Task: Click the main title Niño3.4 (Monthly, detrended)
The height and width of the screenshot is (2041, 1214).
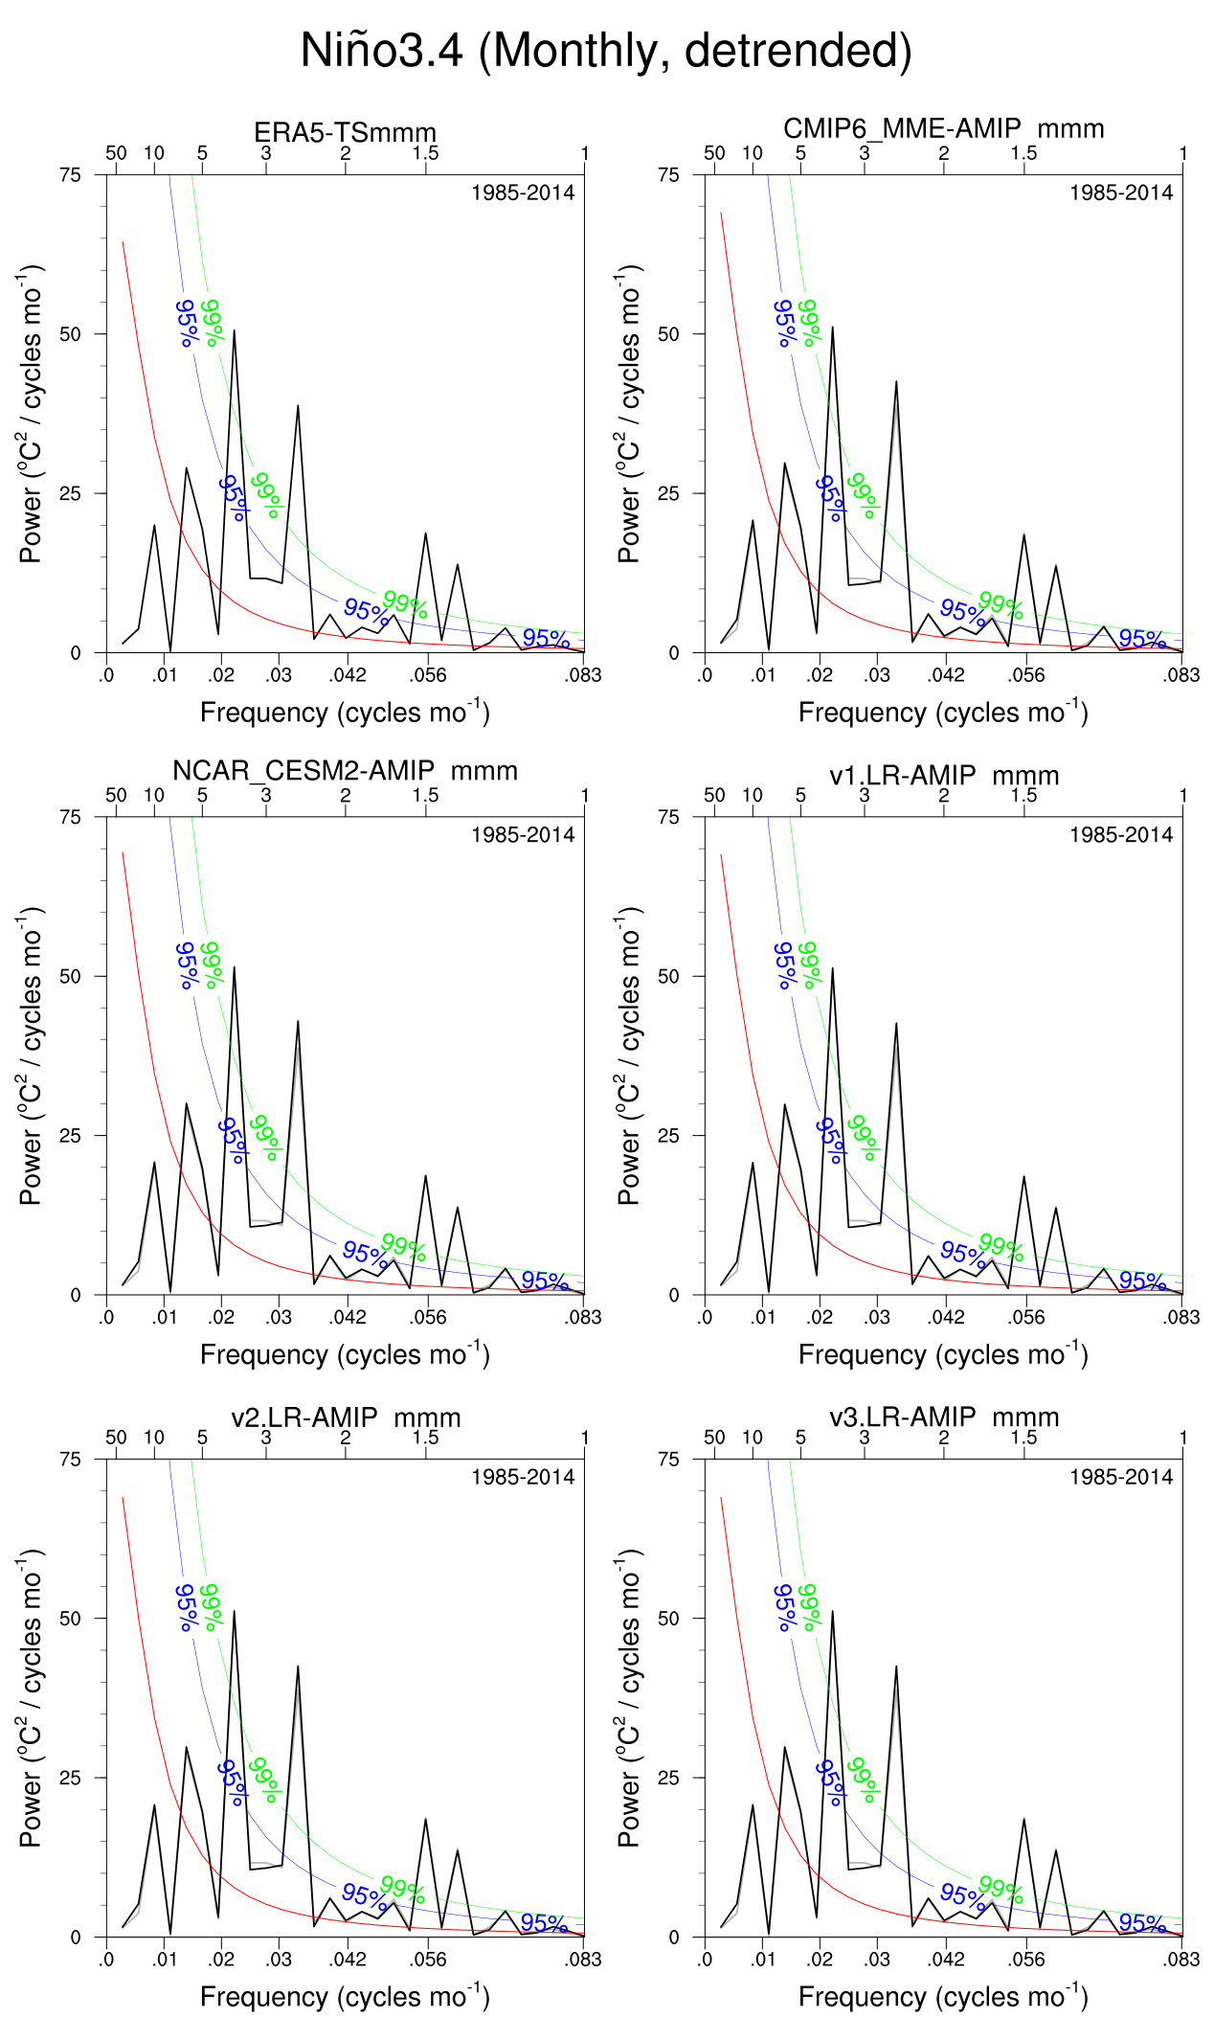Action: (606, 50)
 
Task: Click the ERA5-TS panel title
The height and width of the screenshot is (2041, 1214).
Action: (345, 132)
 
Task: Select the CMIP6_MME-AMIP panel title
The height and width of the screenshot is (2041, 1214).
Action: (943, 128)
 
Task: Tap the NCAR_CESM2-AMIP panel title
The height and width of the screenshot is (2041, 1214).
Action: (345, 771)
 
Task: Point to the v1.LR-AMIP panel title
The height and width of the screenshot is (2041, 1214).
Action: (944, 775)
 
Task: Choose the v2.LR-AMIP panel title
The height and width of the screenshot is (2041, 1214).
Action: (346, 1417)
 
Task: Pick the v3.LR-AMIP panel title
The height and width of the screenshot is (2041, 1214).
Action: (944, 1417)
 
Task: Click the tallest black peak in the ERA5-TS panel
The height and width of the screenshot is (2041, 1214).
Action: (234, 331)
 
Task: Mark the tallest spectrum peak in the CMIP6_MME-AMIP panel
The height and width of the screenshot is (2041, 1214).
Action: (832, 328)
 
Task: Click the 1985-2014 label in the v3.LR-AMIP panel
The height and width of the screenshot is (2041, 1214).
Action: (1120, 1477)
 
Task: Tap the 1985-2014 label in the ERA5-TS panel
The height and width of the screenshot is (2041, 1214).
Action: (523, 193)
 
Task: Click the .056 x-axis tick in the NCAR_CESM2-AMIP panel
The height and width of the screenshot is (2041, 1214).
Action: (427, 1317)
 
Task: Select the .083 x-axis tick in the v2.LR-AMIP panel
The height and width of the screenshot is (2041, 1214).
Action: (583, 1960)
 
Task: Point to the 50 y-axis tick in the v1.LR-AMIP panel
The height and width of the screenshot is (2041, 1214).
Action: (668, 976)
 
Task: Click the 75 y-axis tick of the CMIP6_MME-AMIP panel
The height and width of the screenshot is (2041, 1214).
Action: (668, 174)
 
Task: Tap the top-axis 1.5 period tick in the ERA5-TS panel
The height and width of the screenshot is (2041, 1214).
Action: (425, 153)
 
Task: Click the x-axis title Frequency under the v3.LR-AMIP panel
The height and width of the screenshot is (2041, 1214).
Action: (943, 1997)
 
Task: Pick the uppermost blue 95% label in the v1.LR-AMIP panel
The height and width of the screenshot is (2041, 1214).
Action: (785, 964)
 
